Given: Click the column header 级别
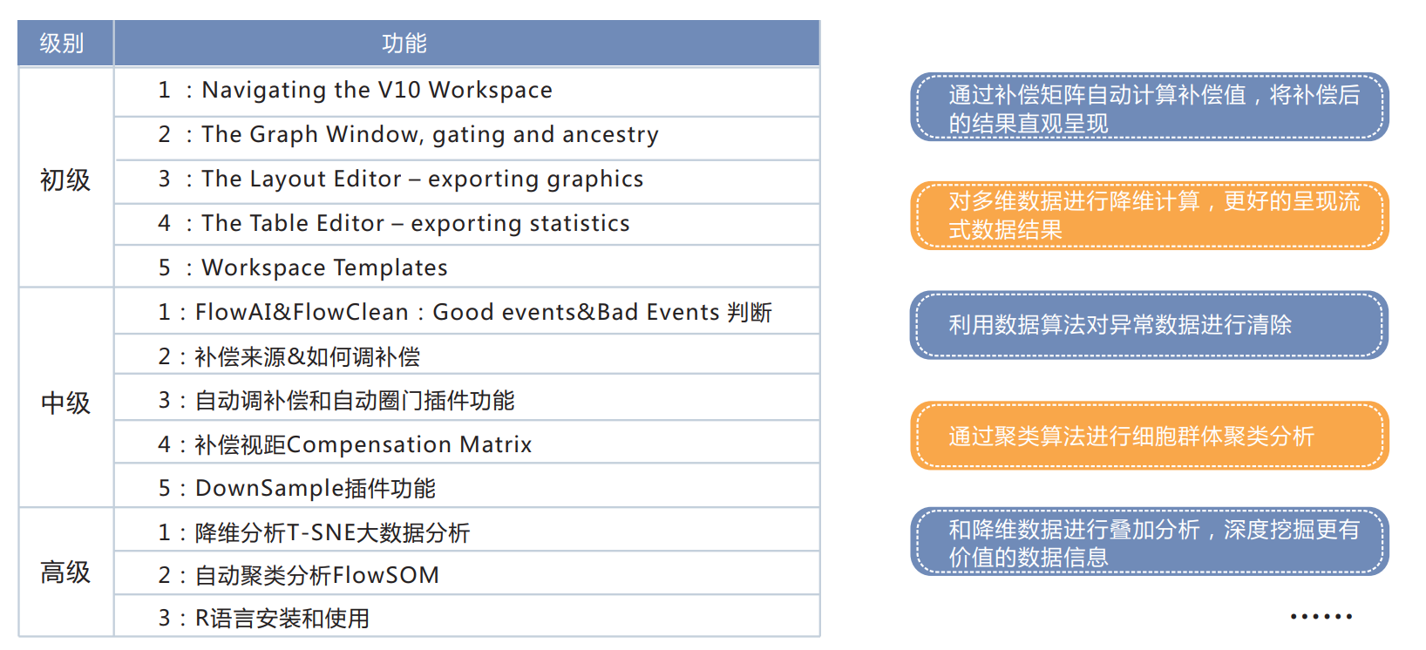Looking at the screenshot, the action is click(x=62, y=44).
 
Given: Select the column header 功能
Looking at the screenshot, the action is click(x=404, y=44).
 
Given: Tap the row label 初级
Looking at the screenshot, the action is click(x=65, y=179).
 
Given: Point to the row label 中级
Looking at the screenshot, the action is click(x=65, y=403).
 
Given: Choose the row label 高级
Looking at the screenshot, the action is click(x=65, y=572).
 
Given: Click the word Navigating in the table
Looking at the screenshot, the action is click(x=264, y=91).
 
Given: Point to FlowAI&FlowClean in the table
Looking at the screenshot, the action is click(x=302, y=312).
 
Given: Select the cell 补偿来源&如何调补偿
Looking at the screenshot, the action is click(x=308, y=356).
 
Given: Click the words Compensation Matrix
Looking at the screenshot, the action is click(x=410, y=444).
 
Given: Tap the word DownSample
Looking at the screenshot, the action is click(x=269, y=488).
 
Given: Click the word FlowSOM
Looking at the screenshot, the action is click(x=386, y=576).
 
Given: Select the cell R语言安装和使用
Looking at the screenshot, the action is click(x=282, y=618).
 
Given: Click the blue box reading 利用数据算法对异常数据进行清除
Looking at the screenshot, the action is click(x=1149, y=325).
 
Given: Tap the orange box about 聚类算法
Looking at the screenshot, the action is click(x=1149, y=436).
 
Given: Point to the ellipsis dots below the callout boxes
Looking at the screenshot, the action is click(x=1321, y=616).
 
